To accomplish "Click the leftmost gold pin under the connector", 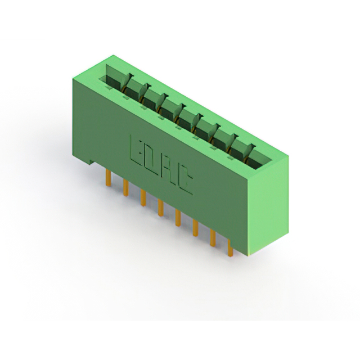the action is (x=108, y=178).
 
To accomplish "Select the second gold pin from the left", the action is (x=125, y=187).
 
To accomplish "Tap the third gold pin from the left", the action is (x=143, y=198).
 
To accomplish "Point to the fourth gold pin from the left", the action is (x=160, y=208).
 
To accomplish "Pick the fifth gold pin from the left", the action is (x=178, y=218).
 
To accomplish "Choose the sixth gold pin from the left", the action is (x=195, y=228).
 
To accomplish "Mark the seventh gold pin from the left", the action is (x=213, y=238).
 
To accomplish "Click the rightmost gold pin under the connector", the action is (x=230, y=247).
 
